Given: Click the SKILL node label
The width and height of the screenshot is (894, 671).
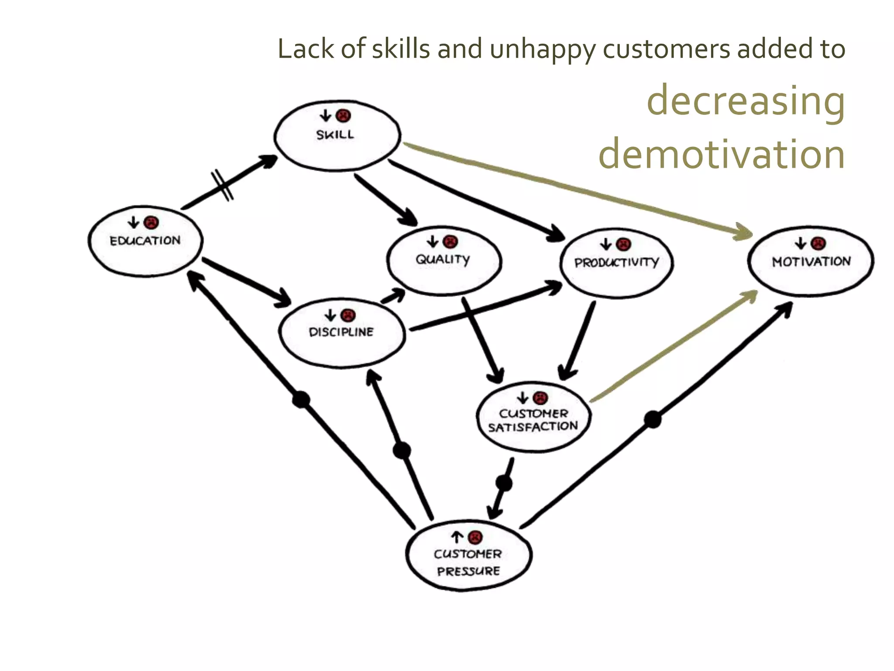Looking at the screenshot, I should tap(335, 135).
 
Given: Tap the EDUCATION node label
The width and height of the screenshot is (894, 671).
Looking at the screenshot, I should tap(145, 241).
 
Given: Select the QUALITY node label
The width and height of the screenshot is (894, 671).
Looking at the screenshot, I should tap(443, 259).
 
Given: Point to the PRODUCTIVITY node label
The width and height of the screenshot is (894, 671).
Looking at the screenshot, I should tap(616, 263).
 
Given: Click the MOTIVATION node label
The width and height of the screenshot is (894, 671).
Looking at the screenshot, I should tap(811, 262).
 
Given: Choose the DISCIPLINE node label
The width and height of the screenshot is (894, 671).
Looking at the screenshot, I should tap(341, 332).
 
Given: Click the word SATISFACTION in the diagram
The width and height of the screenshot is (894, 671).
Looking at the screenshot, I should tap(533, 427).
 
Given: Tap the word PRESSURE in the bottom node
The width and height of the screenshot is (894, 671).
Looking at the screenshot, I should tap(468, 571).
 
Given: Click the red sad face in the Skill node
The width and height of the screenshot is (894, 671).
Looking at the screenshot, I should tap(344, 116).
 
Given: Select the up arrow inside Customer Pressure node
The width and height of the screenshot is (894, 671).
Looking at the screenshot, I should tap(457, 537).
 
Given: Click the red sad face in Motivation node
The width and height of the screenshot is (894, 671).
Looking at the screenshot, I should tap(818, 243).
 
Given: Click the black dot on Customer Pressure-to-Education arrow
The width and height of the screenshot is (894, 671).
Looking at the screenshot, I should tap(301, 399).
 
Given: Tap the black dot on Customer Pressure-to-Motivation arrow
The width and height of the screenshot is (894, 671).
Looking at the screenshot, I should tap(653, 419).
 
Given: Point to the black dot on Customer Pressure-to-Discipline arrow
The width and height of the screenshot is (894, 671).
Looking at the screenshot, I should tap(402, 450).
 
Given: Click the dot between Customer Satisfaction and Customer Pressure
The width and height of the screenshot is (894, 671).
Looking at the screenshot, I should tap(504, 483).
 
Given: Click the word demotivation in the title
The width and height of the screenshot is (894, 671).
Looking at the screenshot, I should tap(721, 154).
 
